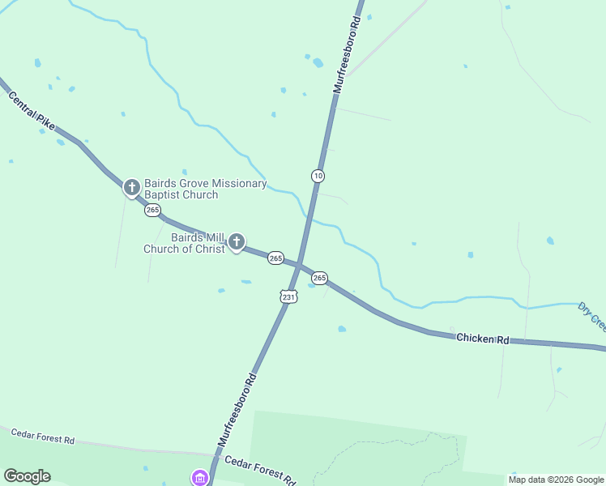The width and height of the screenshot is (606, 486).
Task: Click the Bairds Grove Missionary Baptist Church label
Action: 205,189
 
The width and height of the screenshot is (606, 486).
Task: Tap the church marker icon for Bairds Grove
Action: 131,188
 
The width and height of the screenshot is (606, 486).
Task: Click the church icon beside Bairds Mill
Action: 236,241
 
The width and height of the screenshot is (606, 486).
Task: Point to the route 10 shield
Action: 318,176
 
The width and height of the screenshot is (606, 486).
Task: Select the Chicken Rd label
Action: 482,338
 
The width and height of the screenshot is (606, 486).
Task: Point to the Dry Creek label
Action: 591,316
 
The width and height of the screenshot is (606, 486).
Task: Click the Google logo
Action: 27,476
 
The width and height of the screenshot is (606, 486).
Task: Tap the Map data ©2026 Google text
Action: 557,480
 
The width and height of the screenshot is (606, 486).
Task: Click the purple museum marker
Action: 200,478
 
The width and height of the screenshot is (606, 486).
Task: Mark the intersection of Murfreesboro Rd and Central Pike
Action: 299,265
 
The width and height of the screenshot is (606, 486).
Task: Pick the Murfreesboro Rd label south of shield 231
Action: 237,411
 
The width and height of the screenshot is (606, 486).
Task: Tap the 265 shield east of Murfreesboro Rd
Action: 319,278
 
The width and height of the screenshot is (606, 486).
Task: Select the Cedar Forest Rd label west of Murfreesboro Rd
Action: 42,437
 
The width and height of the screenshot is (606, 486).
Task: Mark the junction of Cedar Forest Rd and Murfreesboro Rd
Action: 213,455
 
